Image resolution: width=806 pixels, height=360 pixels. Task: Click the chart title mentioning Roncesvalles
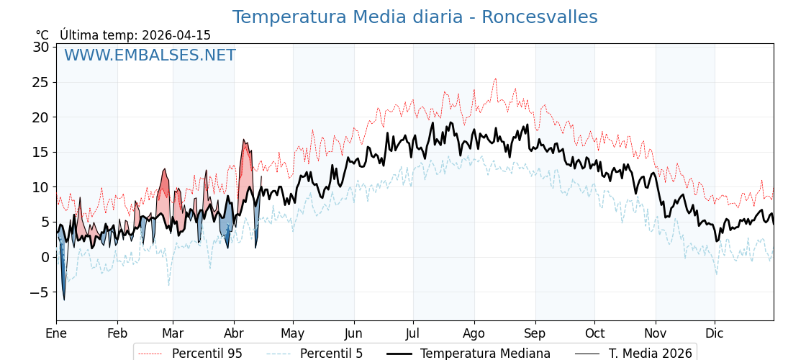click(x=415, y=17)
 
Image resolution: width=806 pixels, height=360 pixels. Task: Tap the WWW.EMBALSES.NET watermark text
click(x=150, y=55)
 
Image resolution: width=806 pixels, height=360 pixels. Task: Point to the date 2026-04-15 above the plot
click(x=176, y=35)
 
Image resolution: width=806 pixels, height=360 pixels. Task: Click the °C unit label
click(x=42, y=35)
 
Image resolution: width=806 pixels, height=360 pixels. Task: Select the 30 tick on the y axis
click(x=41, y=47)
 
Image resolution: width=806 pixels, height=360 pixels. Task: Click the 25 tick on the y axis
click(x=41, y=82)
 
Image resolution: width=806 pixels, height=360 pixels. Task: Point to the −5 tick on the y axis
click(x=39, y=292)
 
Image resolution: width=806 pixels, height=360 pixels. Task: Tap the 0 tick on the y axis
click(x=45, y=257)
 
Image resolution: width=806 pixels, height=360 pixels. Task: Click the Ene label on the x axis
click(x=56, y=333)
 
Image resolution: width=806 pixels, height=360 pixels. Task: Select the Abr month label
click(x=234, y=333)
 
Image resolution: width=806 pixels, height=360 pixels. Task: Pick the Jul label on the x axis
click(x=413, y=333)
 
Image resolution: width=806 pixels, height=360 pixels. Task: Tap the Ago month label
click(x=474, y=333)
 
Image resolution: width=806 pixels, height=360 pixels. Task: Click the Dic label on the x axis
click(x=715, y=333)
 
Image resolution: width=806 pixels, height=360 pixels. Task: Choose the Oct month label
click(x=594, y=333)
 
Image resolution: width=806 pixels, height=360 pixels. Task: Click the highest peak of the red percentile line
click(x=495, y=78)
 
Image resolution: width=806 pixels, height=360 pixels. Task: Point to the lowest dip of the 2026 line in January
click(x=64, y=300)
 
